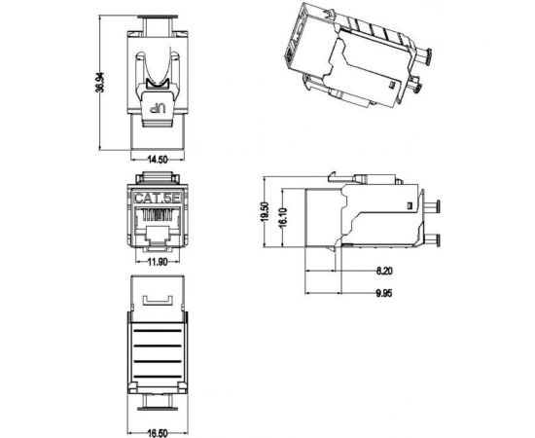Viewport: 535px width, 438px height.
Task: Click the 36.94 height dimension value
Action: tap(100, 84)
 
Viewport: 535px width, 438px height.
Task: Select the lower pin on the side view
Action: tap(434, 239)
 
